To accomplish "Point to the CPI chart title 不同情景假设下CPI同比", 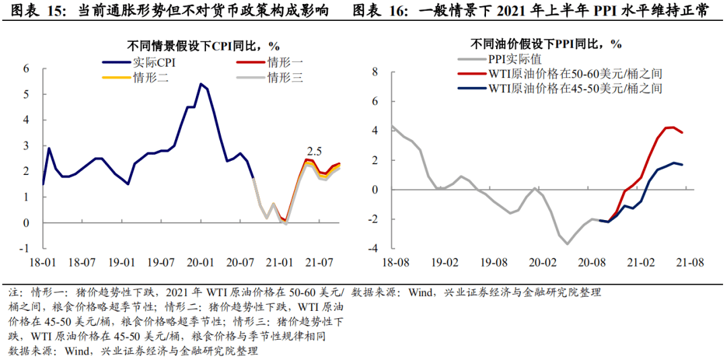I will coord(203,46).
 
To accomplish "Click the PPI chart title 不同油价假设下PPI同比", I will coord(546,44).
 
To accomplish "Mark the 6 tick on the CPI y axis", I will coord(26,69).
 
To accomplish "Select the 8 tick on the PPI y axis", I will coord(376,72).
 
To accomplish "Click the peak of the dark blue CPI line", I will coord(201,84).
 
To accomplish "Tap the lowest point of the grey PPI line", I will coord(567,244).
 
